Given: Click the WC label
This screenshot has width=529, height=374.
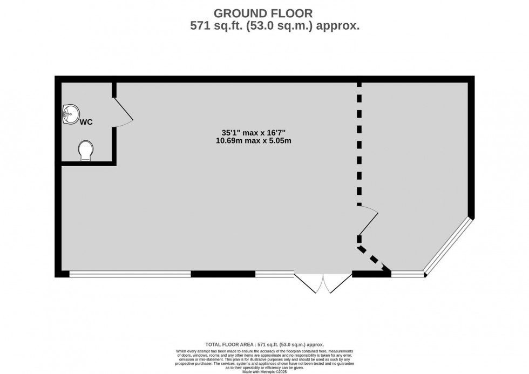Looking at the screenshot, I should (86, 122).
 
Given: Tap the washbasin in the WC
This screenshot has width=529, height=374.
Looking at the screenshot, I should (70, 114).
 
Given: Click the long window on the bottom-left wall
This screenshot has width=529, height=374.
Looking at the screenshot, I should (130, 274).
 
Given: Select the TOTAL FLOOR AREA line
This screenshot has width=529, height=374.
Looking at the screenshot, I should (264, 344).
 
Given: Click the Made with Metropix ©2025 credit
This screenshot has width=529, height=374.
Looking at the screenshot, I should (264, 371).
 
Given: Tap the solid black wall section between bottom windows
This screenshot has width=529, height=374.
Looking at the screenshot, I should (223, 274).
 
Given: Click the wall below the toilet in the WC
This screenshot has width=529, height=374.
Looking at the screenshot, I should (86, 163).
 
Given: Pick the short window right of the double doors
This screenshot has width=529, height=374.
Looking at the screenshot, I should (408, 274).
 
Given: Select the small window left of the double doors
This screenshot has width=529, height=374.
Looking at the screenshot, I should (274, 274).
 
